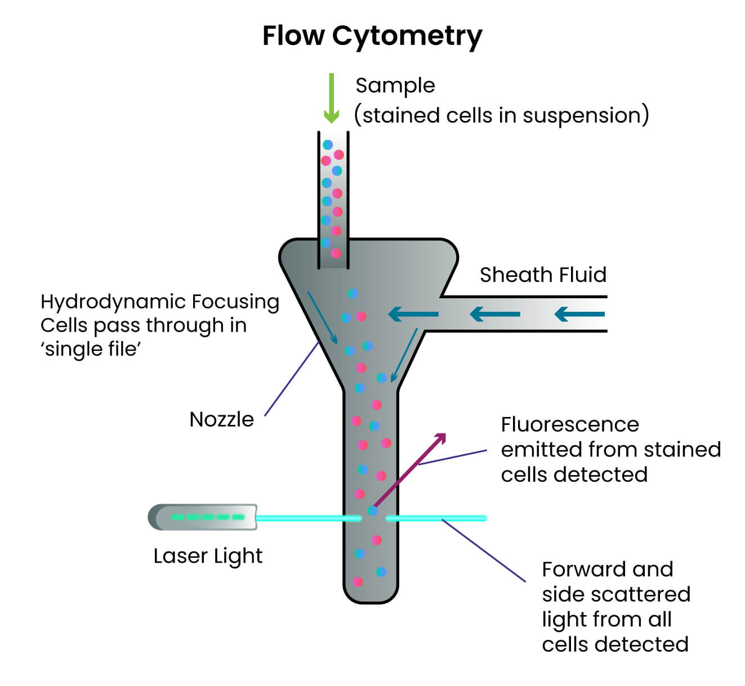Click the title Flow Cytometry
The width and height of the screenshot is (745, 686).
(372, 36)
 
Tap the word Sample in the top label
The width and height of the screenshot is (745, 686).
(395, 86)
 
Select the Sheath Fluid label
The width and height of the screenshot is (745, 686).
(543, 275)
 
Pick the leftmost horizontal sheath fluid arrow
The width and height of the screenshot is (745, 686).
(413, 314)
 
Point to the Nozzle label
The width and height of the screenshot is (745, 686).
(221, 419)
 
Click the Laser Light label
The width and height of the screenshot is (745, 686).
(208, 556)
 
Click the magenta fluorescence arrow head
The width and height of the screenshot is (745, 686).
(440, 438)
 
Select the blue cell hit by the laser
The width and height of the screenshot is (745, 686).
(372, 511)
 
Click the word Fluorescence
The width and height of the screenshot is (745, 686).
(570, 424)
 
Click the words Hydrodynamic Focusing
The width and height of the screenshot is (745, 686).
(160, 302)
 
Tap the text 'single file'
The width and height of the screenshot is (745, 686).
(91, 349)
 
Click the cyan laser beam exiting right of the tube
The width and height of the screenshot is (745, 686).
(436, 518)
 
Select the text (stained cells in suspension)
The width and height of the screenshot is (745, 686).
(501, 115)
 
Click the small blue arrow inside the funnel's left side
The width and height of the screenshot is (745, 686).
(323, 317)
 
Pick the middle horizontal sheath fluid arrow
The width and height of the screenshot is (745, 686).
(494, 314)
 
